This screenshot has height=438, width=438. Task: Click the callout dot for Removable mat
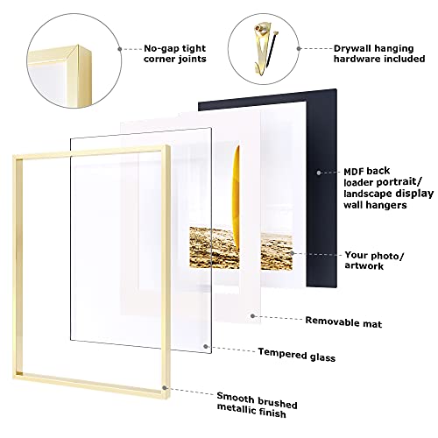click(252, 314)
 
